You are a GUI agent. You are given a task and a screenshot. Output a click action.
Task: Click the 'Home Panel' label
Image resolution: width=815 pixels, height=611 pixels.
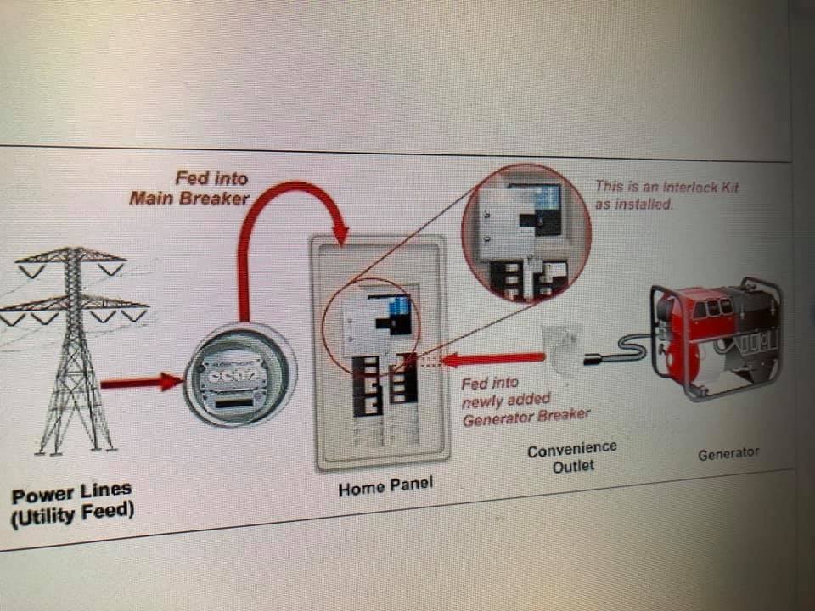tap(385, 487)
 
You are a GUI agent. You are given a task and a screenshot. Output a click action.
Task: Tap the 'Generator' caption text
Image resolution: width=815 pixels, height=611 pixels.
tap(728, 454)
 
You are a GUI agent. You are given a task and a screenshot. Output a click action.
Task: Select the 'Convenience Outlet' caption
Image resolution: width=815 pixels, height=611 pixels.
tap(572, 457)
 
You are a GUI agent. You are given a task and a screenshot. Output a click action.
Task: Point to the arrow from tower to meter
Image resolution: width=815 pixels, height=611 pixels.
tap(140, 383)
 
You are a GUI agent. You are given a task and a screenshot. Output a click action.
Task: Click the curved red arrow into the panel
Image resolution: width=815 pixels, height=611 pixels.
tap(272, 212)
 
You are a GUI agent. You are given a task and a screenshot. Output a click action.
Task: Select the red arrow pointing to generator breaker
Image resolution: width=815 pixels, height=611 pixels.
tap(492, 360)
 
